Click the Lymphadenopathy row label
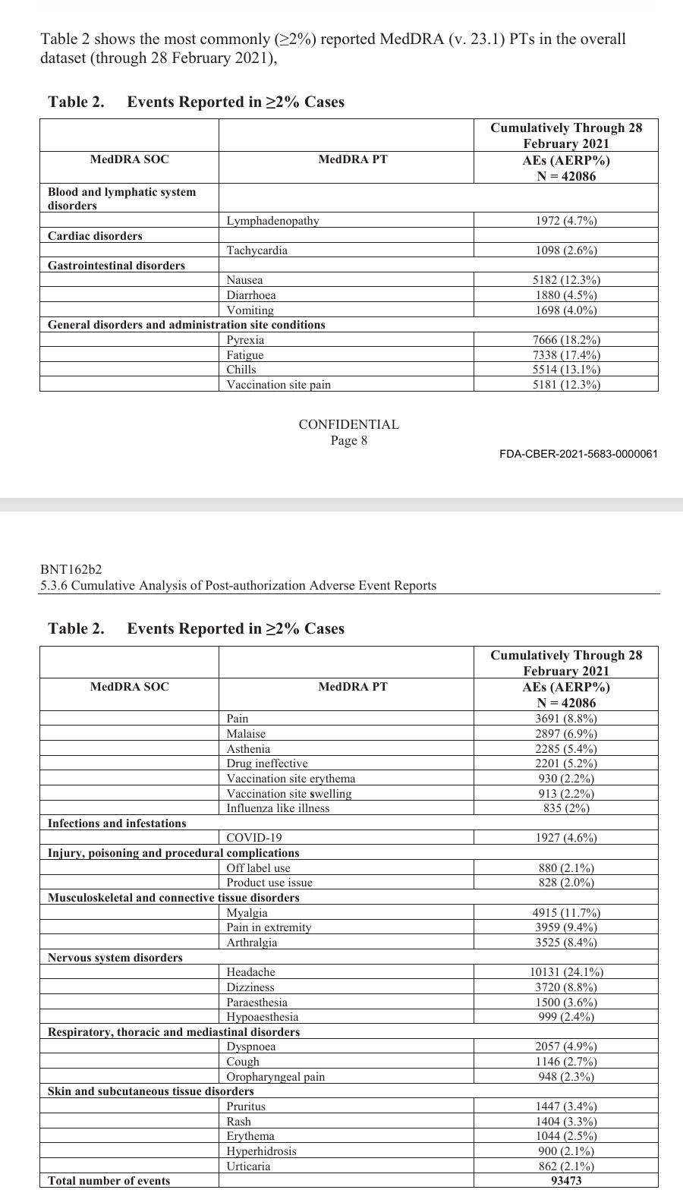(x=272, y=221)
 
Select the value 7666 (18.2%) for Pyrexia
(x=566, y=340)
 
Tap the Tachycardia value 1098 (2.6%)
(x=566, y=250)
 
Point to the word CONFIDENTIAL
(x=348, y=424)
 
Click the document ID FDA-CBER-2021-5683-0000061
(x=578, y=454)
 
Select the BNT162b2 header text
(x=71, y=570)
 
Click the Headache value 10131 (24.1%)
(x=566, y=972)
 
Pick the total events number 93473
(x=566, y=1181)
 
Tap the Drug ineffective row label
(x=267, y=763)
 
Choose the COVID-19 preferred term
(x=254, y=838)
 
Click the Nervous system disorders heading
(x=115, y=958)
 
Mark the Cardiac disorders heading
(x=95, y=236)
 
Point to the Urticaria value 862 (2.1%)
(x=566, y=1166)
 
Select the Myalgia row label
(x=247, y=913)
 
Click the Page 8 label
(x=348, y=440)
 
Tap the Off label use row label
(x=258, y=868)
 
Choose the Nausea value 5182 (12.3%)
(x=566, y=280)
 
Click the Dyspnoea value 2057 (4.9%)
(x=566, y=1047)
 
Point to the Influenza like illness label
(x=278, y=808)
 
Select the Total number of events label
(x=109, y=1181)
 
